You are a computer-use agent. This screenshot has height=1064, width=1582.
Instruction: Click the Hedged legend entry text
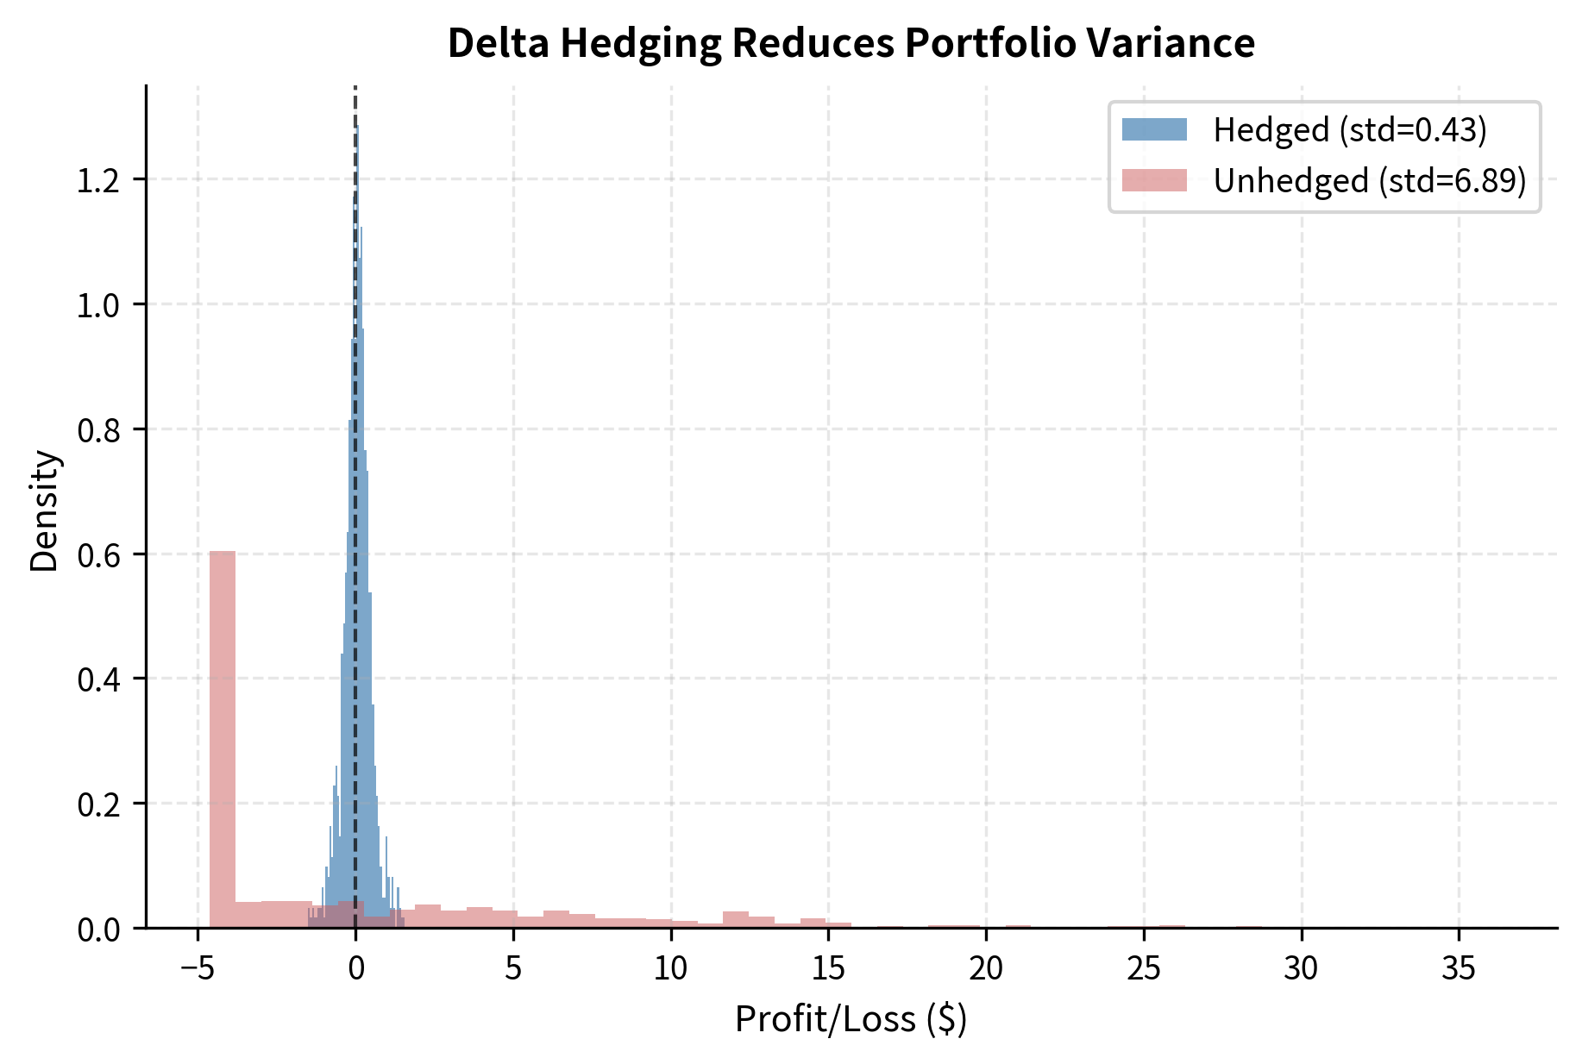[x=1349, y=130]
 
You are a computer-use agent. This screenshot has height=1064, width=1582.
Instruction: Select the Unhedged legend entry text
[x=1369, y=181]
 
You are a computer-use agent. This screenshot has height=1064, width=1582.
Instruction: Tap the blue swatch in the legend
[x=1154, y=130]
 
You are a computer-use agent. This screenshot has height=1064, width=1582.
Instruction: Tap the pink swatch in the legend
[x=1154, y=181]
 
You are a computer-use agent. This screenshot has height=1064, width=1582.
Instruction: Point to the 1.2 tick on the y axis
[x=98, y=180]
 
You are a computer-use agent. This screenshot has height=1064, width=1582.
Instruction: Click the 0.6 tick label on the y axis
[x=98, y=555]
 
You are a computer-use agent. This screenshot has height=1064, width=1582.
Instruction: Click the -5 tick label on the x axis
[x=197, y=968]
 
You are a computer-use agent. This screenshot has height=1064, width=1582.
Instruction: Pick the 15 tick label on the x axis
[x=828, y=968]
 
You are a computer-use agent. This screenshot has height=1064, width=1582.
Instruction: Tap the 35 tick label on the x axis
[x=1459, y=968]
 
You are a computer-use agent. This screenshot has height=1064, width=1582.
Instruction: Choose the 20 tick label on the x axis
[x=986, y=968]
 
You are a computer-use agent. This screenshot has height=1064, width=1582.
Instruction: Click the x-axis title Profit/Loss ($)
[x=851, y=1019]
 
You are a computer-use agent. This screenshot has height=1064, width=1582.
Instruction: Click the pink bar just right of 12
[x=736, y=919]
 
